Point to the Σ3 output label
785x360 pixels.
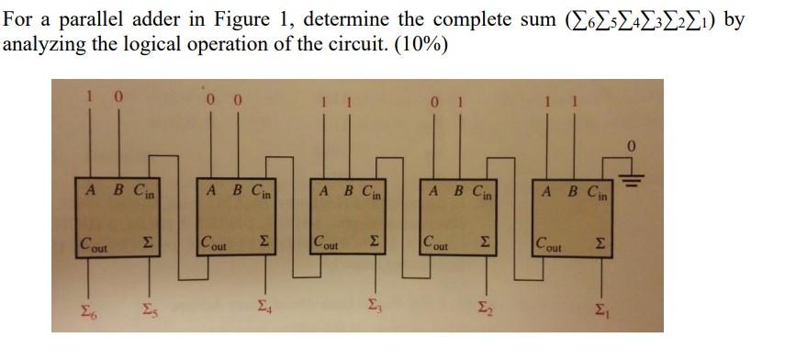pyautogui.click(x=373, y=307)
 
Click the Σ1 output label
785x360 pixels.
pyautogui.click(x=602, y=307)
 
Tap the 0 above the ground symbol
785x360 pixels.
pyautogui.click(x=632, y=146)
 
